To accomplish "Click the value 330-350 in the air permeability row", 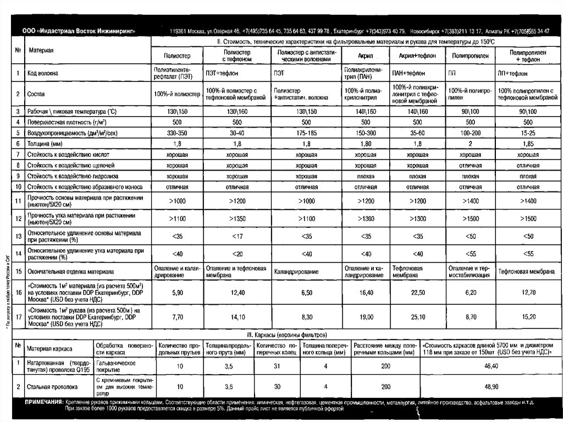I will coord(177,133).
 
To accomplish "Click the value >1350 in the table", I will coord(237,219).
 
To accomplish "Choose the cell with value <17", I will coord(237,237).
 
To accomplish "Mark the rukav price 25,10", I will coord(417,317).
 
